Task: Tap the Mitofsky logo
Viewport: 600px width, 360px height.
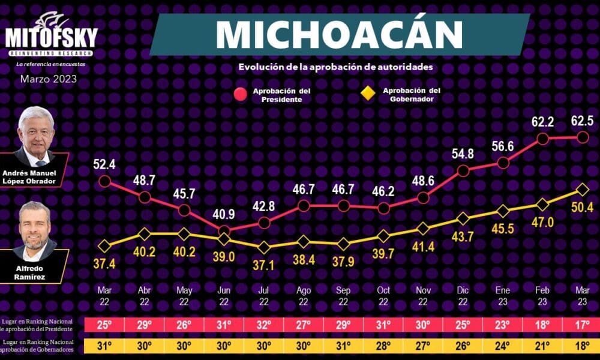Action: tap(51, 36)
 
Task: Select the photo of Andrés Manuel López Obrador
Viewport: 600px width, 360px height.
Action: tap(37, 137)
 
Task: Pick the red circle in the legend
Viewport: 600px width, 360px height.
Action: tap(241, 94)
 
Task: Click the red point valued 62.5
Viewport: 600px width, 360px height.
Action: tap(582, 137)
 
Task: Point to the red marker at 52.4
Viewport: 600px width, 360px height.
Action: tap(104, 181)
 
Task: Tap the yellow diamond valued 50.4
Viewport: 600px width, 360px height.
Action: tap(582, 190)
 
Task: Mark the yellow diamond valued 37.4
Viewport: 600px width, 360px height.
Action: tap(104, 246)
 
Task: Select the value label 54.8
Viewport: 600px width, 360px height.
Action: tap(463, 154)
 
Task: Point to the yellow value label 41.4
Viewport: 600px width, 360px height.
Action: tap(423, 246)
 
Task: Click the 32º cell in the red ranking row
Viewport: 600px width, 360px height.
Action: tap(264, 325)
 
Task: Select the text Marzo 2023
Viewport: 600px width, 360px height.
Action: tap(49, 79)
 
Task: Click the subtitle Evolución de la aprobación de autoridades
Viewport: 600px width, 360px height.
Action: tap(335, 67)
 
